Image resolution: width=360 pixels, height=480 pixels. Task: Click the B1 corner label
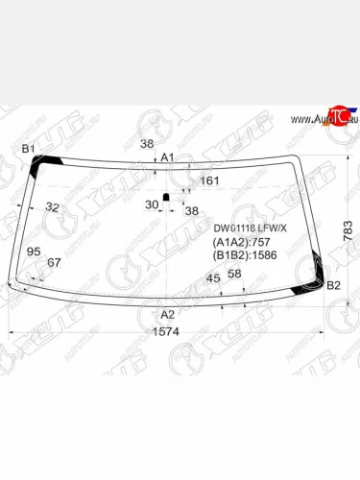(x=28, y=148)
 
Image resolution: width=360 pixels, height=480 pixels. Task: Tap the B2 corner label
(x=333, y=285)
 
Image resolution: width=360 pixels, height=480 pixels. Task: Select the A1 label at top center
(x=167, y=156)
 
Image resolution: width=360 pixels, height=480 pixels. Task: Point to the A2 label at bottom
(x=167, y=314)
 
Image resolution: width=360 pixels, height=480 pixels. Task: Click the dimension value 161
(x=209, y=180)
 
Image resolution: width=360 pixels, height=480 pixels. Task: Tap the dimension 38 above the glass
(x=146, y=144)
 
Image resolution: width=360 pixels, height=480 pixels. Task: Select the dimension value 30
(x=151, y=204)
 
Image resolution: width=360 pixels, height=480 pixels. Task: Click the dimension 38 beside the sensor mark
(x=191, y=210)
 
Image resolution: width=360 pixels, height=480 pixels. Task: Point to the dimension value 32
(x=52, y=207)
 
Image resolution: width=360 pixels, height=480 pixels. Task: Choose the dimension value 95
(x=34, y=252)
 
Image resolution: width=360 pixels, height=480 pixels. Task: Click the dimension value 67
(x=54, y=263)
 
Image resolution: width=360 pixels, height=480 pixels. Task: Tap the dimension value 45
(x=213, y=278)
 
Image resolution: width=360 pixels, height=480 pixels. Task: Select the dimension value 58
(x=234, y=274)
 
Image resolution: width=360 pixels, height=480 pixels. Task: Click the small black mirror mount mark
(x=165, y=198)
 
